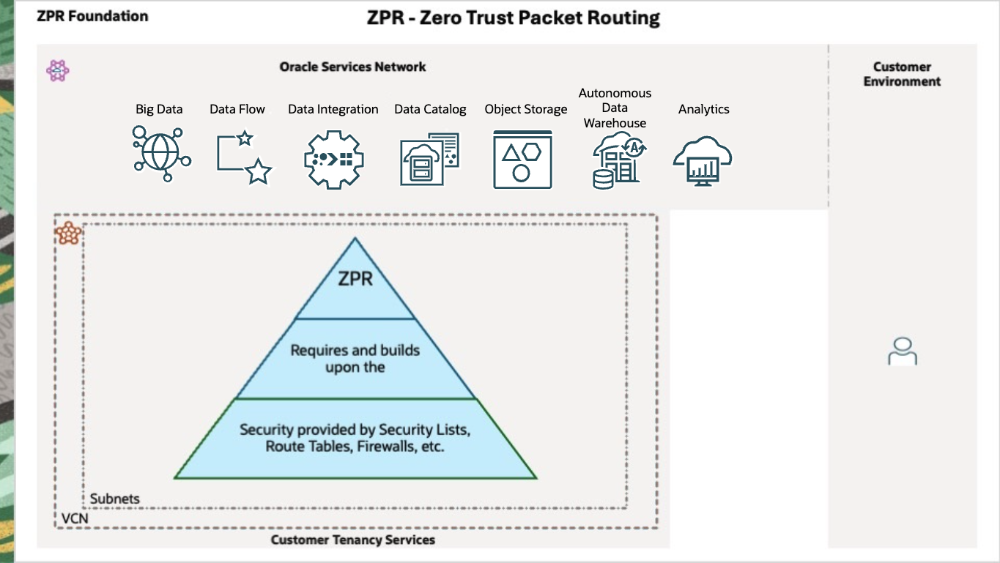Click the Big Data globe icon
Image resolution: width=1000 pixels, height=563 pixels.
(x=162, y=153)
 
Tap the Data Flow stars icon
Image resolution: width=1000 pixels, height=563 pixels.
(x=244, y=157)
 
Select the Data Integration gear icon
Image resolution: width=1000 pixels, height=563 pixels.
(x=333, y=159)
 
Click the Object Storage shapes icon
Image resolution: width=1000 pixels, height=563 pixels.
(x=522, y=159)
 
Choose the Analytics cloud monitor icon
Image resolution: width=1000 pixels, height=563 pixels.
(x=703, y=160)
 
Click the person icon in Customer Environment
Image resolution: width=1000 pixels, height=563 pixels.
(x=902, y=351)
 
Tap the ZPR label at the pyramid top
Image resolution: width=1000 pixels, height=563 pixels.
(x=355, y=278)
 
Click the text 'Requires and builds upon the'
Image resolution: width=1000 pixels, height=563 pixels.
(x=355, y=359)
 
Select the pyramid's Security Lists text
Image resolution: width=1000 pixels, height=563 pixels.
(x=355, y=437)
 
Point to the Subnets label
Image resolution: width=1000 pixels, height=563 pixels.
(x=115, y=499)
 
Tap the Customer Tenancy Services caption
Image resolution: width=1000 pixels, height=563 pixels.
(x=353, y=540)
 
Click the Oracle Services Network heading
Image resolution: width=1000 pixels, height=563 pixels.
(x=352, y=67)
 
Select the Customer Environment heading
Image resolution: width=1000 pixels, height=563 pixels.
(x=902, y=74)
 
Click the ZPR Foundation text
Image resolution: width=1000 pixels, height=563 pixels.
(x=92, y=16)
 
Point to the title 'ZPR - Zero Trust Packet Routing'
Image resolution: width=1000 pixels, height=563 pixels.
(x=514, y=18)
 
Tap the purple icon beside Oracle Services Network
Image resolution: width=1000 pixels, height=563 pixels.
(x=58, y=70)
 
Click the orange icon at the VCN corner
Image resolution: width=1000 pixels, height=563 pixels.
(x=69, y=234)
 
